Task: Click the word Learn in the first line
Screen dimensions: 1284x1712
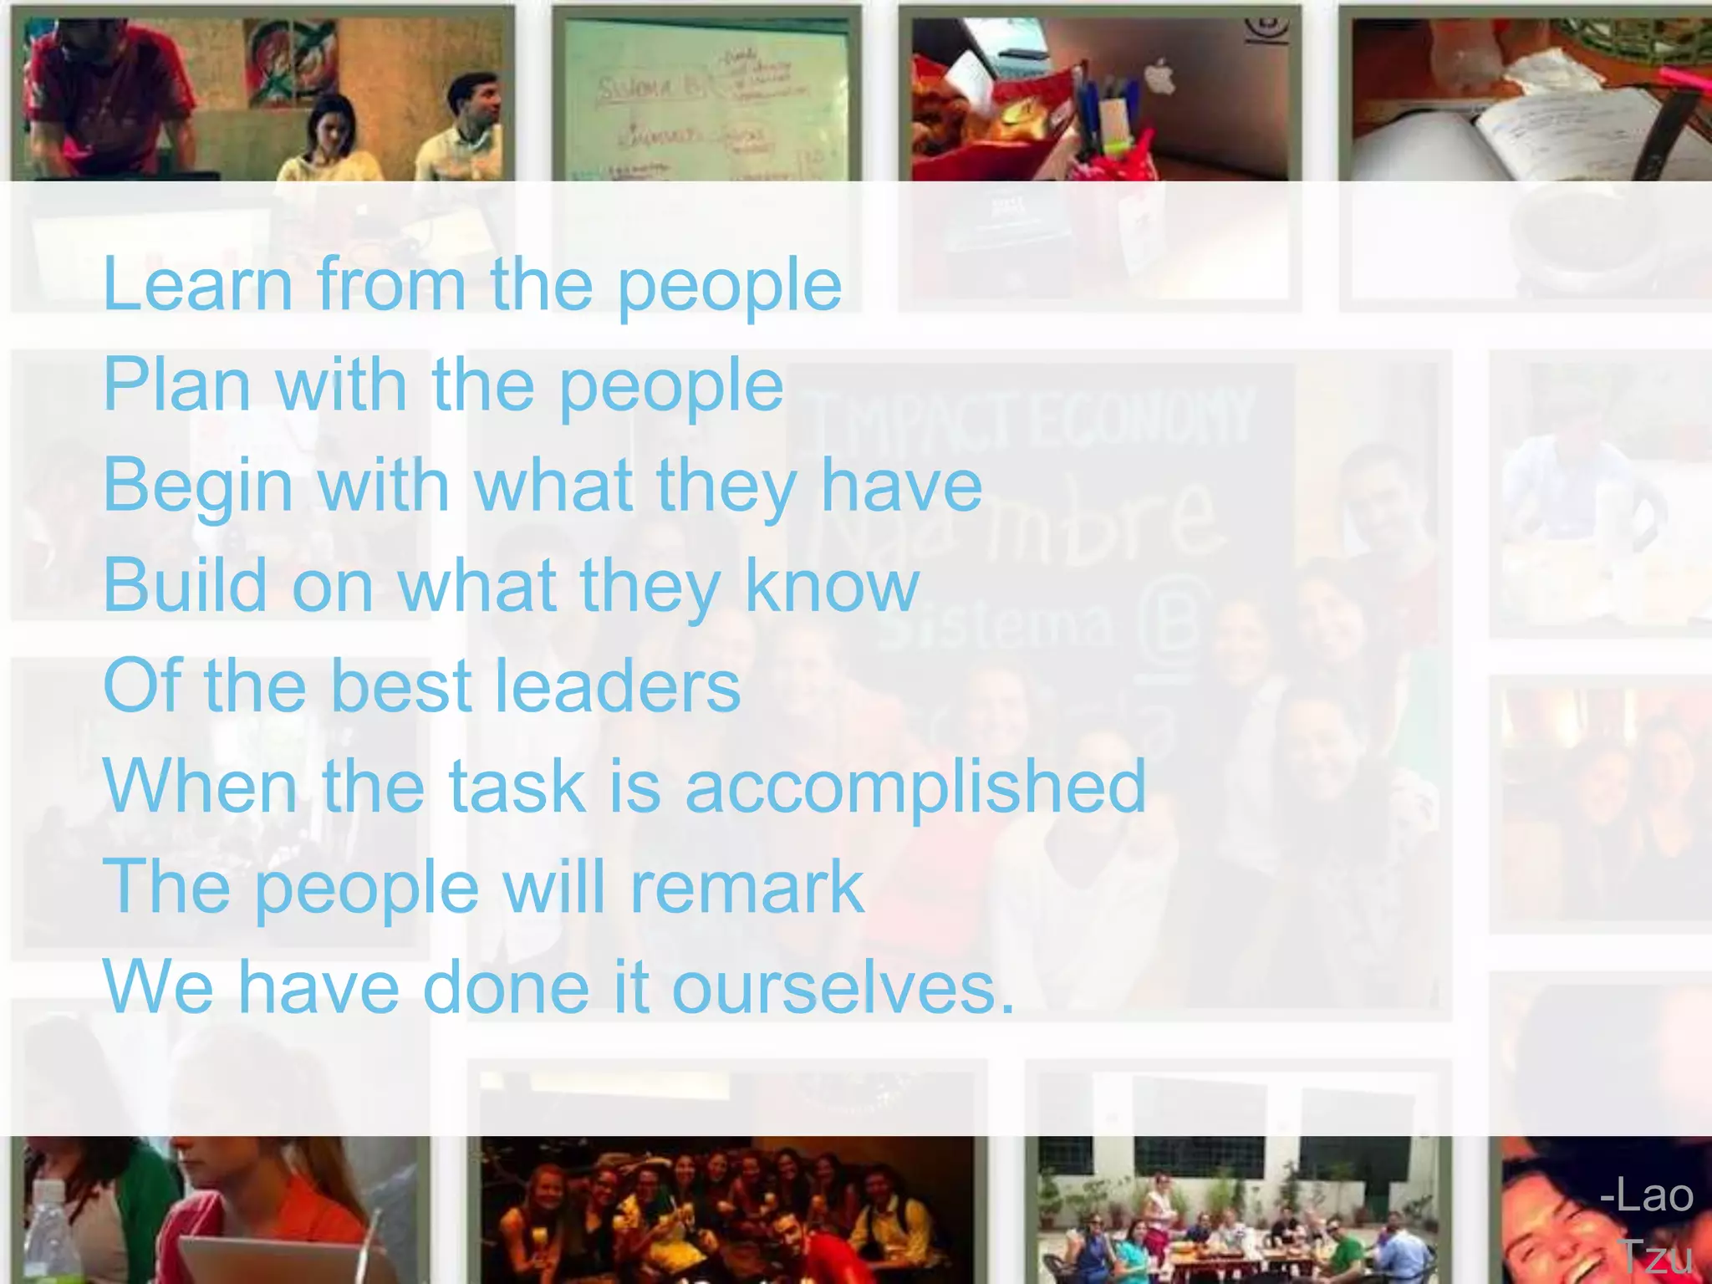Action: (197, 285)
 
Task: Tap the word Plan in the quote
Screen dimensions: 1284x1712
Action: (176, 385)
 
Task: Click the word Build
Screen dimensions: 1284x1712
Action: (185, 585)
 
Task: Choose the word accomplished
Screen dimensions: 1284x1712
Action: (915, 787)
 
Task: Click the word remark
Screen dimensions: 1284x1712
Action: (746, 887)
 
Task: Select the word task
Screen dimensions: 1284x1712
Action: (517, 786)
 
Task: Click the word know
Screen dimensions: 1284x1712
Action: (832, 585)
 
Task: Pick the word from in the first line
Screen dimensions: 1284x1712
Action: (391, 285)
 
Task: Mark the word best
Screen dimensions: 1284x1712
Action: (401, 685)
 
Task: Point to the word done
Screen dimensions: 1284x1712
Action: (507, 987)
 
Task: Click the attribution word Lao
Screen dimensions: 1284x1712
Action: (1647, 1195)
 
